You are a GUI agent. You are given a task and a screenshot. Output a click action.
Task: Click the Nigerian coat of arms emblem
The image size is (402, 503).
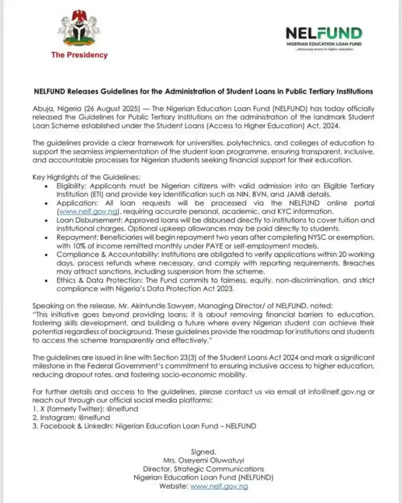click(x=79, y=30)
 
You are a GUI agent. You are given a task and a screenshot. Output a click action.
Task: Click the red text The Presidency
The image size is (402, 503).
click(x=79, y=55)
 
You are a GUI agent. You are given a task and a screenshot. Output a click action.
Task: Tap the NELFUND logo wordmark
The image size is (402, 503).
click(x=324, y=34)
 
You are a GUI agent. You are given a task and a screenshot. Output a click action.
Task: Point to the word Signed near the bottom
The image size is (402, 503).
click(x=202, y=451)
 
